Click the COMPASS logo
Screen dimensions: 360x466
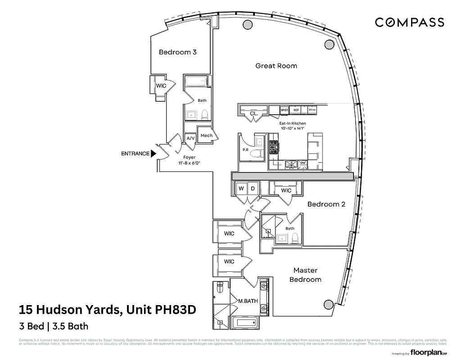pyautogui.click(x=410, y=22)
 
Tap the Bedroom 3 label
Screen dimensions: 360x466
pyautogui.click(x=177, y=52)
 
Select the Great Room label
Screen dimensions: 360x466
pyautogui.click(x=276, y=66)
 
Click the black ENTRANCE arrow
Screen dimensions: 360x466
pyautogui.click(x=153, y=153)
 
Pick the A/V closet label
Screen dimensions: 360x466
pyautogui.click(x=190, y=138)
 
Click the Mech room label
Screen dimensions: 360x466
pyautogui.click(x=206, y=135)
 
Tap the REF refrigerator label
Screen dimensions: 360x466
pyautogui.click(x=296, y=110)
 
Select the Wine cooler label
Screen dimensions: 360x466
pyautogui.click(x=312, y=110)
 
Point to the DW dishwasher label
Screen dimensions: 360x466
pyautogui.click(x=303, y=163)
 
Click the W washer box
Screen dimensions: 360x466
pyautogui.click(x=241, y=189)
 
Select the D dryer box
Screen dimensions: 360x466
pyautogui.click(x=253, y=189)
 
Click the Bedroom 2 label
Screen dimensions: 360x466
pyautogui.click(x=326, y=204)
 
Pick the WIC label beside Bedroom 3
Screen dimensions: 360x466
pyautogui.click(x=161, y=85)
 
